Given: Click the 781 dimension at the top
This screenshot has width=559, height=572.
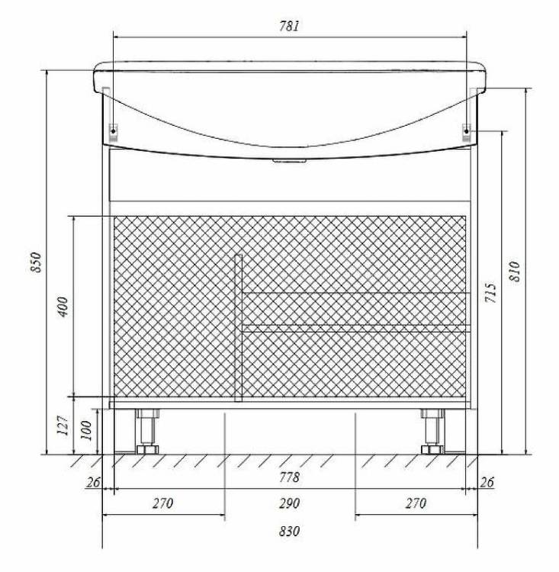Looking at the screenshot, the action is click(x=289, y=26).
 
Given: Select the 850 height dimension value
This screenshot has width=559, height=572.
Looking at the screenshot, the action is click(x=37, y=262).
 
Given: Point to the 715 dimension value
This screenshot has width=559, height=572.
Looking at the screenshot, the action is click(x=491, y=293).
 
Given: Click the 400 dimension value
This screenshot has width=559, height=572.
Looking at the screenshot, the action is click(x=63, y=307).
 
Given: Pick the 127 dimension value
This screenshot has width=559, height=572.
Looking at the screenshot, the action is click(x=63, y=425).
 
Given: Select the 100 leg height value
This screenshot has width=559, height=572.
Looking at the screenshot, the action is click(x=86, y=430).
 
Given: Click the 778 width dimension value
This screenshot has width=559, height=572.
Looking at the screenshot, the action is click(x=289, y=477).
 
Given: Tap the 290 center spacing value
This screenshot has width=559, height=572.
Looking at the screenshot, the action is click(x=289, y=504).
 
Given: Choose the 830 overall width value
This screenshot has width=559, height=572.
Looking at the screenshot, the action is click(x=289, y=531).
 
